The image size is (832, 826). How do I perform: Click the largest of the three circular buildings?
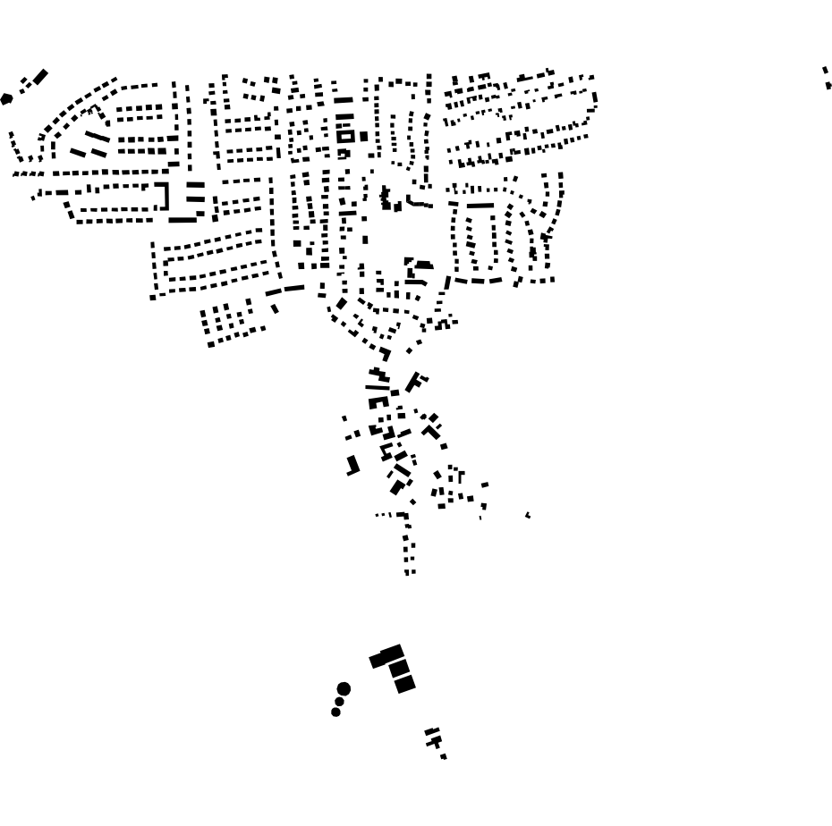click(344, 688)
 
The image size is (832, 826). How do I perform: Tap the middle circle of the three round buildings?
click(338, 702)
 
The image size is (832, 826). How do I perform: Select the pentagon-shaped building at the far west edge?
click(7, 98)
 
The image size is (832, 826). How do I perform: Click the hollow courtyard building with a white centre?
click(344, 137)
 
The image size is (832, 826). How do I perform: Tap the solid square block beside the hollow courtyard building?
click(363, 136)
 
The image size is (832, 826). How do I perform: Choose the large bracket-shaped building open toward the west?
click(165, 197)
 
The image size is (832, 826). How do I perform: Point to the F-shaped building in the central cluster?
click(415, 383)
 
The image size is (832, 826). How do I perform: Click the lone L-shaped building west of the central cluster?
click(353, 465)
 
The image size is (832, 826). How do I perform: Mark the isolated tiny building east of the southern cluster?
click(528, 515)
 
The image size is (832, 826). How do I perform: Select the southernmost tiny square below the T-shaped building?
click(444, 757)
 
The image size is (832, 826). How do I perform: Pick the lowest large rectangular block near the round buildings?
click(405, 684)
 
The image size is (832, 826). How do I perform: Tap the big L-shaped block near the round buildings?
click(386, 657)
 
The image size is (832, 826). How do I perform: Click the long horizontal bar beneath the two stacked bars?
click(183, 219)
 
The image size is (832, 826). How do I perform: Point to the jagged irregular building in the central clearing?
click(388, 198)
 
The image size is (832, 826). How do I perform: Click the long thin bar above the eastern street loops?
click(480, 206)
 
